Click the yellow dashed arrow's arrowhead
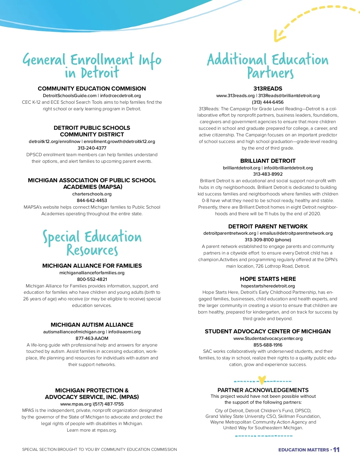pos(278,37)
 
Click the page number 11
pos(336,450)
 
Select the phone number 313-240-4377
pos(92,148)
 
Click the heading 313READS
pos(268,88)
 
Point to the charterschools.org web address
pos(92,194)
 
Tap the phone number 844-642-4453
pos(92,201)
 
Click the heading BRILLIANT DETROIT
pos(268,161)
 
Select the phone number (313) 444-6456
pos(268,102)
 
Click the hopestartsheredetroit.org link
pos(268,286)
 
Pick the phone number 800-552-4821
pos(92,279)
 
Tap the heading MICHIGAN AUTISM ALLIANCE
pos(92,325)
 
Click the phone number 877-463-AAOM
pos(92,338)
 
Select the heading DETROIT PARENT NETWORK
pos(268,226)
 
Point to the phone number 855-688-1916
pos(268,345)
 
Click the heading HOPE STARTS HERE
pos(268,279)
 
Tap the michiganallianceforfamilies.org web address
pos(92,273)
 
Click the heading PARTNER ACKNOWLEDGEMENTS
pos(263,390)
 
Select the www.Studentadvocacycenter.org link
pos(268,338)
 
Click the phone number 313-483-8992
pos(268,174)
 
